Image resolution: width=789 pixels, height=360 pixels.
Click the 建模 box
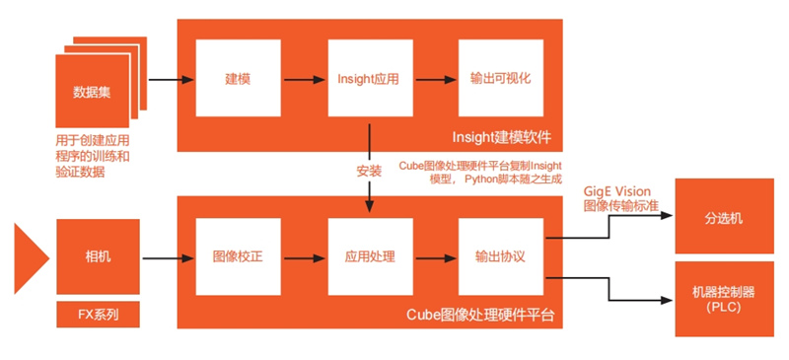pos(237,79)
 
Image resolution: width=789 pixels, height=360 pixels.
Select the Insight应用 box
pos(369,79)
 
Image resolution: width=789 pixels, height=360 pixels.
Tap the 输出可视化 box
pos(500,79)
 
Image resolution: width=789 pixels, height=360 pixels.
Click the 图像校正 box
pos(237,257)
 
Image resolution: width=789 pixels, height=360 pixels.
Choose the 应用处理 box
pos(369,257)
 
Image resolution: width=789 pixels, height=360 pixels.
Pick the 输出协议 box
pos(500,257)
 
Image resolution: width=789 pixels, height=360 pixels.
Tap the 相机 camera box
pos(99,257)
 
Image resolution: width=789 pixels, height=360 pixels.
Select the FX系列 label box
pos(99,316)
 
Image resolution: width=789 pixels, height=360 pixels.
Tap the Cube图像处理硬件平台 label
pos(480,315)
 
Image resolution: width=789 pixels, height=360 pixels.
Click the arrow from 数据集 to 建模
pos(169,79)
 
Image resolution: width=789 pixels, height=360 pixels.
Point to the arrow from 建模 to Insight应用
pos(302,79)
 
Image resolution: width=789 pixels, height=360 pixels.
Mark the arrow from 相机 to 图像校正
pos(169,258)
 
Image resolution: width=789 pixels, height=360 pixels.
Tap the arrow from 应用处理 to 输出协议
pos(434,258)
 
